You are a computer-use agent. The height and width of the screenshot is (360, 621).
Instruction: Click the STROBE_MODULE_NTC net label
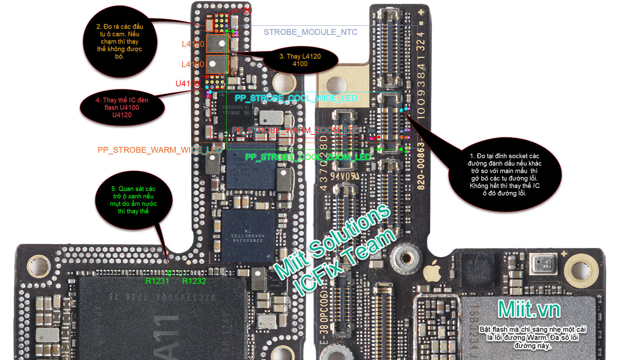pyautogui.click(x=310, y=32)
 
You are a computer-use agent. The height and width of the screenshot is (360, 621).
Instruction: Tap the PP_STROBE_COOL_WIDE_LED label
pyautogui.click(x=296, y=98)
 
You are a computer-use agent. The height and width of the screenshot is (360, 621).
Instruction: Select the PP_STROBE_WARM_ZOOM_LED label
pyautogui.click(x=295, y=130)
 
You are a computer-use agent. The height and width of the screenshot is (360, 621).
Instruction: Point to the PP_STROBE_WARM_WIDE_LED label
pyautogui.click(x=159, y=150)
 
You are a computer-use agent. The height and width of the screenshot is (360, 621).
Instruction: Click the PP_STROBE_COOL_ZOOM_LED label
pyautogui.click(x=308, y=157)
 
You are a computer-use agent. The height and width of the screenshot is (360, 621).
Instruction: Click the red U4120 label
pyautogui.click(x=240, y=10)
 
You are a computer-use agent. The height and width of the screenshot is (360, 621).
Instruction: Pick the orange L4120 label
pyautogui.click(x=193, y=44)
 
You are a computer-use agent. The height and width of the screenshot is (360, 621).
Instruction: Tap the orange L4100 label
pyautogui.click(x=193, y=64)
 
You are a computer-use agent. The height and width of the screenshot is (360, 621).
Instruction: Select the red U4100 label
pyautogui.click(x=187, y=84)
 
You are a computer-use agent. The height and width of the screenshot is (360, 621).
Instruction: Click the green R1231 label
pyautogui.click(x=157, y=281)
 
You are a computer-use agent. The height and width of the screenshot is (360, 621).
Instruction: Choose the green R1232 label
pyautogui.click(x=194, y=281)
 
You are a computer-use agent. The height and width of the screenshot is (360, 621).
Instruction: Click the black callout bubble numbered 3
pyautogui.click(x=300, y=60)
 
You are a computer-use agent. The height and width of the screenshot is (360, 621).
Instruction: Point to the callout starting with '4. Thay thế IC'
pyautogui.click(x=122, y=107)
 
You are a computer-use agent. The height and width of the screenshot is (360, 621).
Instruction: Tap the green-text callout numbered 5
pyautogui.click(x=133, y=200)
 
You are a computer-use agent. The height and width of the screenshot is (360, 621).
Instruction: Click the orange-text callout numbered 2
pyautogui.click(x=119, y=42)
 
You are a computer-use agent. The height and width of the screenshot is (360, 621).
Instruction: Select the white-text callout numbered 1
pyautogui.click(x=504, y=174)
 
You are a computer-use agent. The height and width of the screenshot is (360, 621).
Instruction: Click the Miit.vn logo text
pyautogui.click(x=529, y=309)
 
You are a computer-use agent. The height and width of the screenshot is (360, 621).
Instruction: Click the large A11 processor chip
pyautogui.click(x=162, y=318)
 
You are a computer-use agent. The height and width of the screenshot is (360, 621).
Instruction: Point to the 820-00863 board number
pyautogui.click(x=420, y=166)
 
